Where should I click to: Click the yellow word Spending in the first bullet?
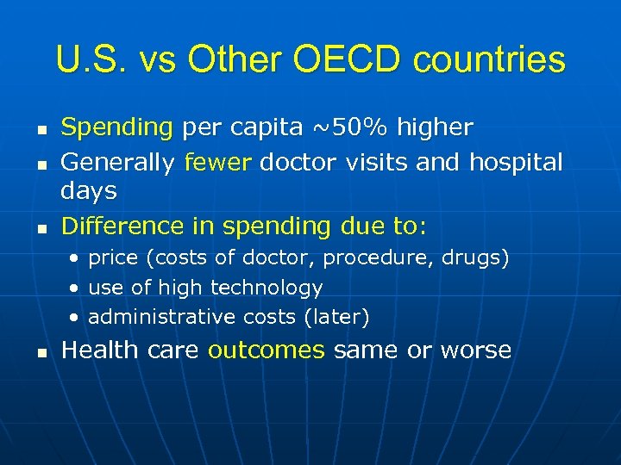tap(117, 128)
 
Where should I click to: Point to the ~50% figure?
tap(342, 128)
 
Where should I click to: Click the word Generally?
tap(120, 161)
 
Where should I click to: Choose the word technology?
tap(267, 288)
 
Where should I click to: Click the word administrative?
tap(149, 317)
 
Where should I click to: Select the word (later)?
tap(336, 317)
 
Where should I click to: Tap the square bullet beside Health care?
tap(40, 351)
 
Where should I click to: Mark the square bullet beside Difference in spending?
tap(40, 227)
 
